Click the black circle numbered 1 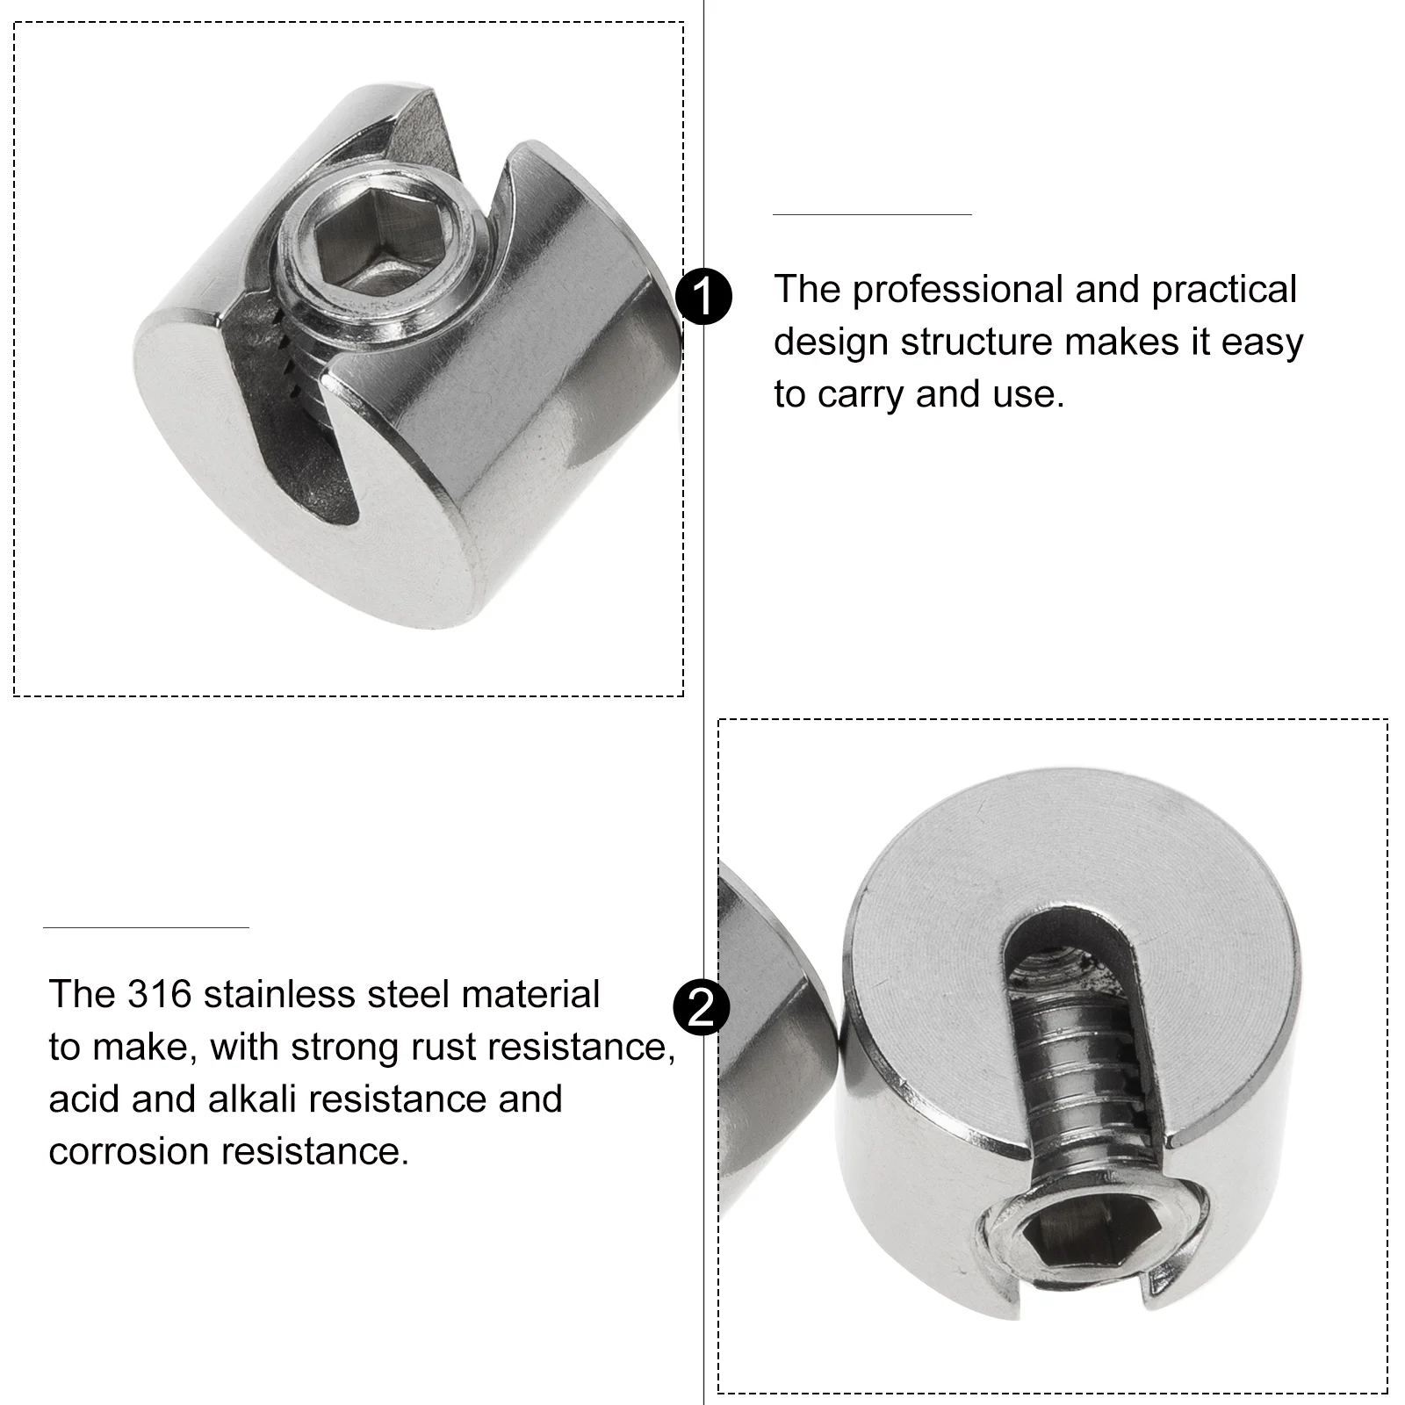pos(705,298)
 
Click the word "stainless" pos(278,995)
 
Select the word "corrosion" pos(128,1152)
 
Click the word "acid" pos(85,1099)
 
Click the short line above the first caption pos(872,214)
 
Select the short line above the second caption pos(146,927)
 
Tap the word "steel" pos(407,995)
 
